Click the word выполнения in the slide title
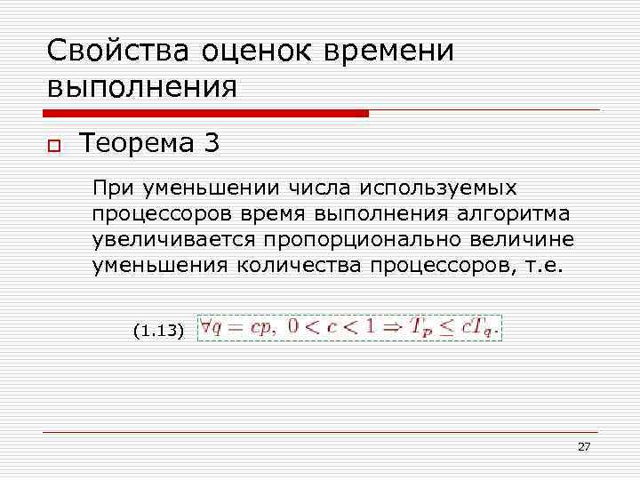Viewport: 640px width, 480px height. [142, 87]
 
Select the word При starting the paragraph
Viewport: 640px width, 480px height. [111, 188]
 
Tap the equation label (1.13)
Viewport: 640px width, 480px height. [158, 332]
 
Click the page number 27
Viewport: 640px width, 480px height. [583, 446]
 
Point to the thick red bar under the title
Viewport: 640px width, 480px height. [205, 114]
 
